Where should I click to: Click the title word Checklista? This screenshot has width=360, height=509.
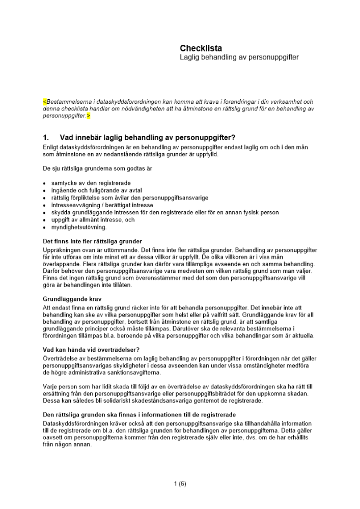pos(201,48)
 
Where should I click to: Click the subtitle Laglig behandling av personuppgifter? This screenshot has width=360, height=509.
pos(239,58)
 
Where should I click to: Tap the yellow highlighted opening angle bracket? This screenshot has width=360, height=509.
pos(44,102)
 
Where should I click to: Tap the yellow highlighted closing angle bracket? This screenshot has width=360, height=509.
pos(89,116)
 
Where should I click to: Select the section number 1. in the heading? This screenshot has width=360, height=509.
pos(46,137)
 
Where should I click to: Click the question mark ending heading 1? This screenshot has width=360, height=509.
pos(233,137)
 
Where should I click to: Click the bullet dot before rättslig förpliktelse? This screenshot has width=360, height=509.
pos(45,198)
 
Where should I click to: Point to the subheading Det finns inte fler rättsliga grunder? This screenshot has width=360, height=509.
pos(92,241)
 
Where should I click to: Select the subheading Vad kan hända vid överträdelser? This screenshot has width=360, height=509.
pos(91,349)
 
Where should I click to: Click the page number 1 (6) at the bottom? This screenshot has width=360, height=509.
pos(180,484)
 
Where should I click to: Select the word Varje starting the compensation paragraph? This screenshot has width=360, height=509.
pos(51,386)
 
